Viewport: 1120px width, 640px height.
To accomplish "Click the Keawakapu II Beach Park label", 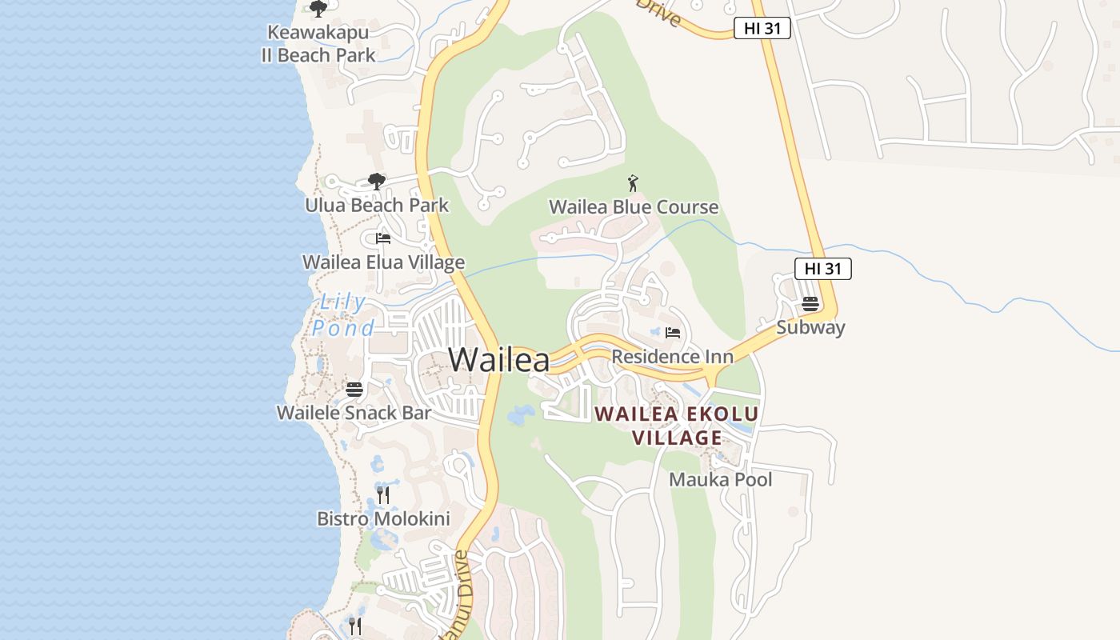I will pos(318,44).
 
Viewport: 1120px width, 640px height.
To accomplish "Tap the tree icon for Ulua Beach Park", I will pos(376,182).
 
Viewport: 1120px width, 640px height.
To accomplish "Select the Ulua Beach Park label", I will pos(377,205).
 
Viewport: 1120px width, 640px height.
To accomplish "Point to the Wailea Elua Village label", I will pos(383,262).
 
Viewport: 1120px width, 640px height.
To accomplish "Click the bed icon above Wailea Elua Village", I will pos(383,238).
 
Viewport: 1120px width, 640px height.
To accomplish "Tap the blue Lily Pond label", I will pos(343,315).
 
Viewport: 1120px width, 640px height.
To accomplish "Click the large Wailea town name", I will pos(499,360).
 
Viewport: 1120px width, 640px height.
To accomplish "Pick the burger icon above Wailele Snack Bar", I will pos(354,390).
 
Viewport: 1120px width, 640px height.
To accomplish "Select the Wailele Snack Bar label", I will pos(354,413).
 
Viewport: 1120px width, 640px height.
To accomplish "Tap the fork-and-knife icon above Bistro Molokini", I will pos(383,495).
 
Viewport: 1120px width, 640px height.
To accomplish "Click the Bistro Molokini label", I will pos(383,518).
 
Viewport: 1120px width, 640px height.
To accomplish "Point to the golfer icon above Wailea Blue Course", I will pos(634,183).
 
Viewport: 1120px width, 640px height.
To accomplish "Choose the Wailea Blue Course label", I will pos(634,207).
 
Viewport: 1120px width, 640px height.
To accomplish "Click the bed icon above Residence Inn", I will pos(673,333).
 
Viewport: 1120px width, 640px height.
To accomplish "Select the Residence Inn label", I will pos(673,356).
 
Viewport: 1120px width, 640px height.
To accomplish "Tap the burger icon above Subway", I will pos(810,304).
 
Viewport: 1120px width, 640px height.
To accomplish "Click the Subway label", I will pos(810,327).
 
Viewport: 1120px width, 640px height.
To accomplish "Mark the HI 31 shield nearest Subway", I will pos(822,269).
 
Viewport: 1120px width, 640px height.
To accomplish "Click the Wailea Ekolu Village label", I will pos(677,426).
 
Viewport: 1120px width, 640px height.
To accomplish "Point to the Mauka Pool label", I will pos(721,479).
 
